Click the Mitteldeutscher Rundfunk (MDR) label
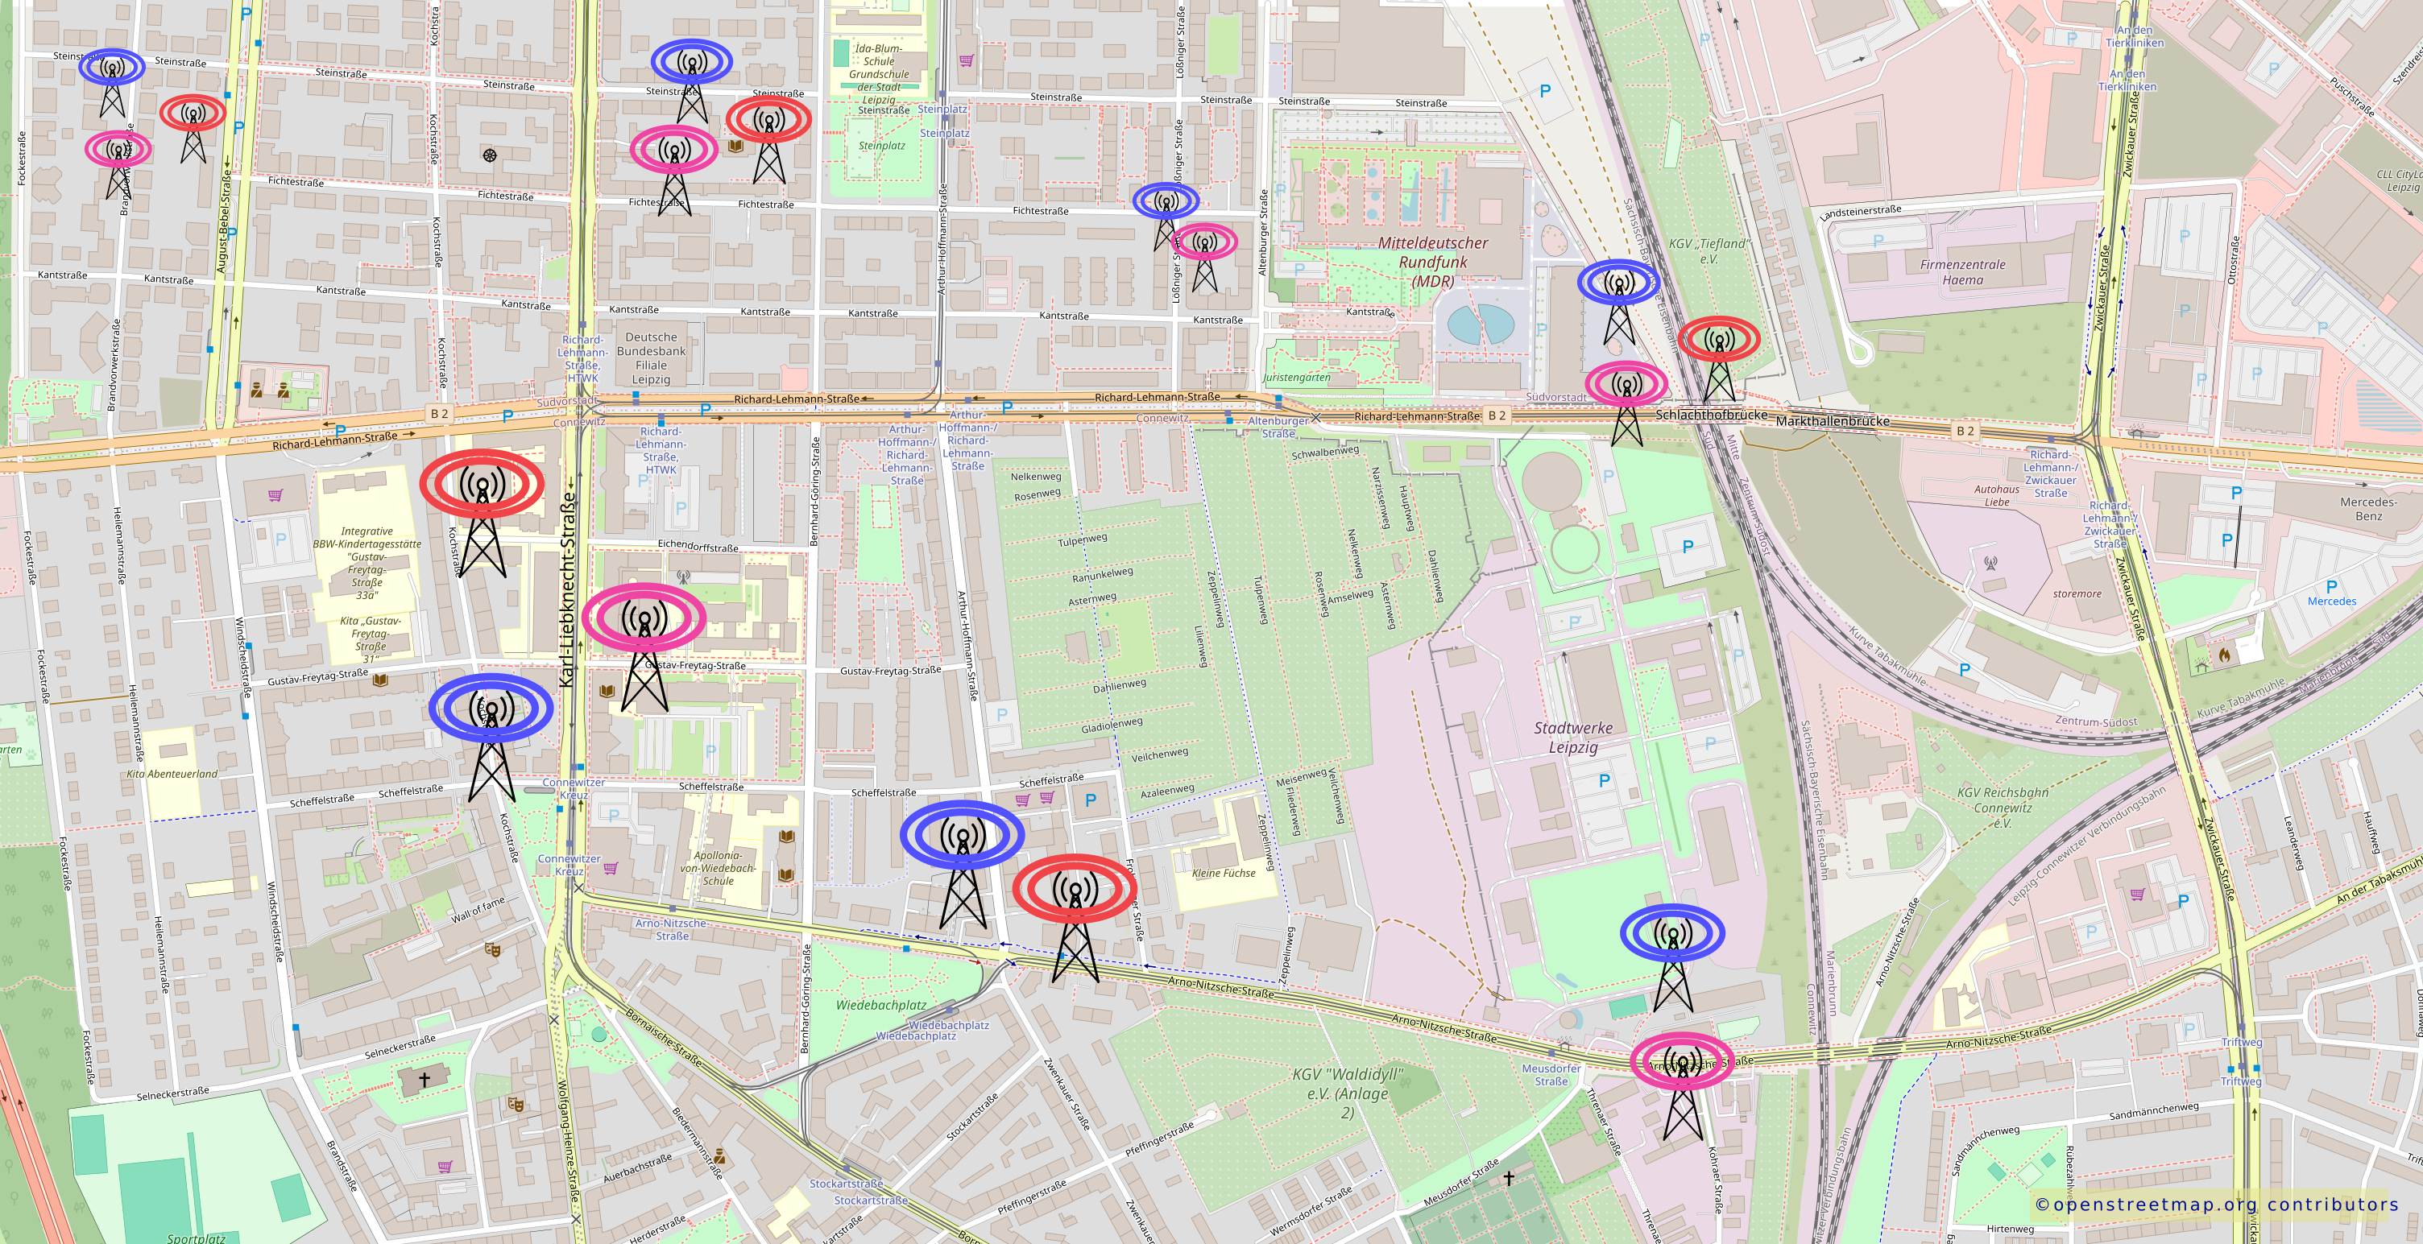point(1432,262)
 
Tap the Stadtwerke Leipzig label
point(1572,738)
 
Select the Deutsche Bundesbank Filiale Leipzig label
point(651,358)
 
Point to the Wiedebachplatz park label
point(880,1005)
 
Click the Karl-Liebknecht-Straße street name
point(567,589)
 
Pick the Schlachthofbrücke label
point(1711,415)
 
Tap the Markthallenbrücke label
point(1833,421)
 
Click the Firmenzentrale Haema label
point(1962,271)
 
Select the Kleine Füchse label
point(1223,873)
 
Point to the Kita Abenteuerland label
point(172,774)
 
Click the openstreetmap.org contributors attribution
point(2216,1205)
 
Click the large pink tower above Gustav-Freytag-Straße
point(644,639)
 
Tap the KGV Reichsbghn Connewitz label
point(2003,808)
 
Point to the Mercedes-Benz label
point(2368,509)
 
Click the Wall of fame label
point(478,909)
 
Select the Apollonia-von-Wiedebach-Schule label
point(718,868)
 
